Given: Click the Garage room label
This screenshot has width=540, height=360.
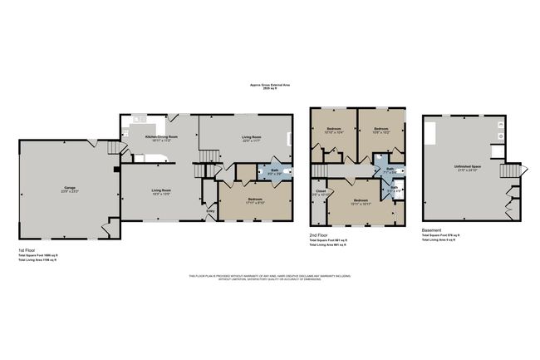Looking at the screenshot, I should (x=70, y=189).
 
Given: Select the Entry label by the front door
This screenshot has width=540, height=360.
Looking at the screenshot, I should (x=210, y=212).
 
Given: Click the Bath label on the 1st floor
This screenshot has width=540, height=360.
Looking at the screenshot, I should (x=275, y=171).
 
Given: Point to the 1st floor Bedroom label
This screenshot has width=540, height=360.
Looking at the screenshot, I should (x=255, y=200).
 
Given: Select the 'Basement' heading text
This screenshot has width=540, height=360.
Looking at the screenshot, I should (x=433, y=229).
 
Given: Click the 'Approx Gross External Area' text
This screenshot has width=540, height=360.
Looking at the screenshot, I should (x=269, y=84).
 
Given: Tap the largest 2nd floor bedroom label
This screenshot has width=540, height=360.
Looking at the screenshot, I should (x=360, y=201).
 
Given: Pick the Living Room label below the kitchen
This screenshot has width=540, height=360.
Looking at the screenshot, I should (x=160, y=192).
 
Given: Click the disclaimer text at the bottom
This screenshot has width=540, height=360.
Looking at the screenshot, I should (x=269, y=277).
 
